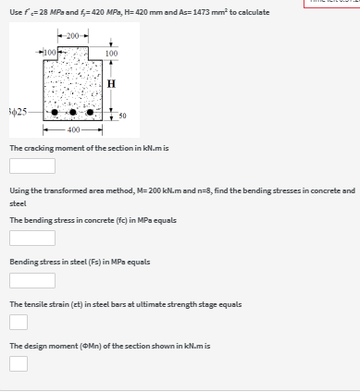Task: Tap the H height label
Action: point(112,84)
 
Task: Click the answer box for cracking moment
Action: point(32,166)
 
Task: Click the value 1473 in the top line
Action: point(221,12)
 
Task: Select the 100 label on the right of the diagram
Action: point(111,55)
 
